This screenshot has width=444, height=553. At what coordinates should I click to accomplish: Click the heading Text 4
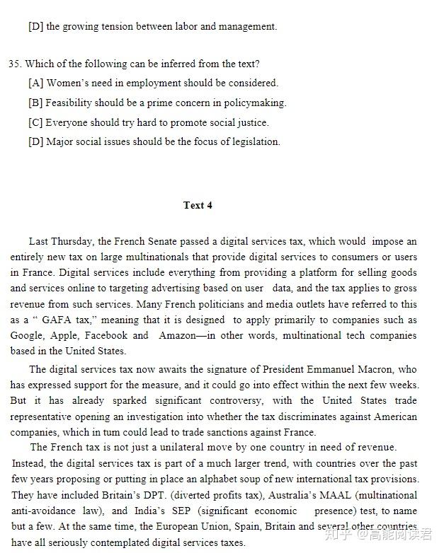coord(198,205)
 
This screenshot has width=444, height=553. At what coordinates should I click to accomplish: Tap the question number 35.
coord(14,64)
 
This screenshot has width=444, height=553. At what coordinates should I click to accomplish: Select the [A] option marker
coord(36,83)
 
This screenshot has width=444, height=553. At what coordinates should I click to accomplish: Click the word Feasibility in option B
coord(69,103)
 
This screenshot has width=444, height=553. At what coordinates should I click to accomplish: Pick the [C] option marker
coord(36,122)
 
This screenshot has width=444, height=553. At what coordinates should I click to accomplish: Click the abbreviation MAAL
coord(322,495)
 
